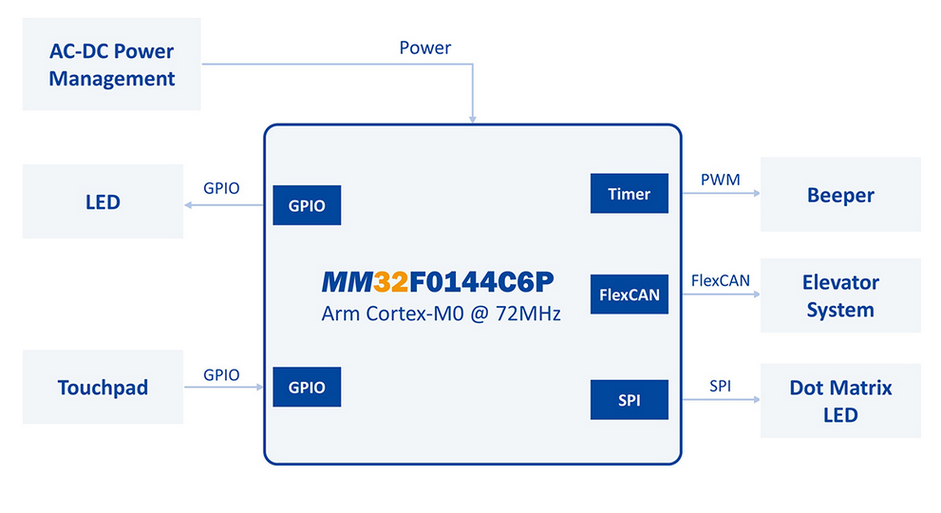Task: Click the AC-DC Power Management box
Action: point(112,64)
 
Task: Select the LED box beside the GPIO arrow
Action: point(103,201)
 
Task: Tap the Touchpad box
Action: point(103,387)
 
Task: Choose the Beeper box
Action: point(840,195)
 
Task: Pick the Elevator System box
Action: point(840,295)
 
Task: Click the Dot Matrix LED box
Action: point(840,401)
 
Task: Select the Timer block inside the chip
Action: point(629,194)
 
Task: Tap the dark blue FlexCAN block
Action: point(629,294)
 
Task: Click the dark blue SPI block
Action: point(629,399)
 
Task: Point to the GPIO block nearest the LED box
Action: point(307,205)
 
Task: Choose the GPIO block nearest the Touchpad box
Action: point(307,387)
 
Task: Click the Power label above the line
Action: point(424,48)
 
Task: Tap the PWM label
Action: point(720,180)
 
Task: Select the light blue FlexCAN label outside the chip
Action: point(720,280)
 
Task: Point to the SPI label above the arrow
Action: point(720,386)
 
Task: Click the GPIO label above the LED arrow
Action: point(221,188)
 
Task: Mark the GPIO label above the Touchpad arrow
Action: point(221,375)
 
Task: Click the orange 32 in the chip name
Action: point(390,282)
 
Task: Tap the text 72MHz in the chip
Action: point(528,313)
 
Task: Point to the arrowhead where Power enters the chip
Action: point(473,120)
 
